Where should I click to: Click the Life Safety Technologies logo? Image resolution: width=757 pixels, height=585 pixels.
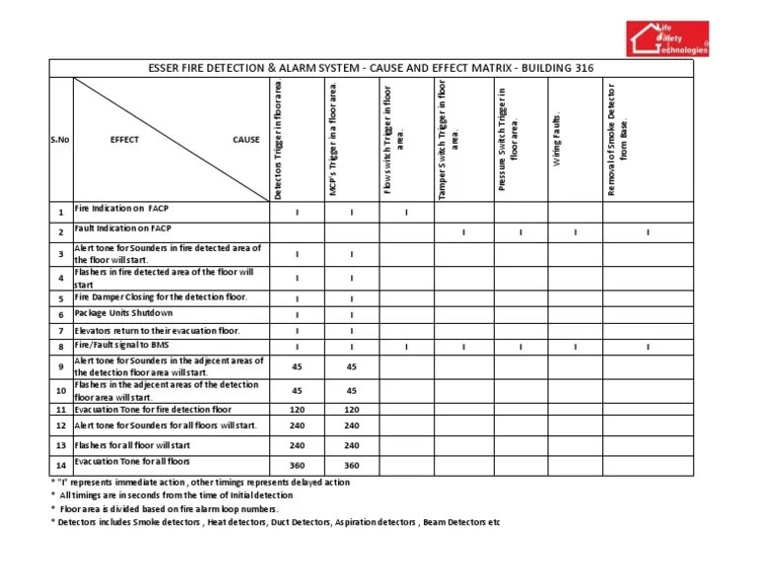point(669,37)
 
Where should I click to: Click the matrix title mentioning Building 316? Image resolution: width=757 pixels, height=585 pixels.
point(371,69)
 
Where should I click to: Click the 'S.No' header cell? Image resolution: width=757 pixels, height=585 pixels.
point(60,140)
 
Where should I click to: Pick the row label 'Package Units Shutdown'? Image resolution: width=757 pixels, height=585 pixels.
point(123,314)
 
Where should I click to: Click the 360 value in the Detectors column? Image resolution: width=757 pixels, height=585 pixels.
point(297,465)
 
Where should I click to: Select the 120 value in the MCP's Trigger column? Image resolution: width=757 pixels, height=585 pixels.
point(352,409)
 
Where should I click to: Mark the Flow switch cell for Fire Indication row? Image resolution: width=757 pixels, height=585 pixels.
point(407,212)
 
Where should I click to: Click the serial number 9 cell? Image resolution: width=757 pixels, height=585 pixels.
point(60,367)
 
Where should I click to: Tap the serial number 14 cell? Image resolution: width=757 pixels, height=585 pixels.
point(60,465)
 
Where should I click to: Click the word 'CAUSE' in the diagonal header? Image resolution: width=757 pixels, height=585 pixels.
point(245,140)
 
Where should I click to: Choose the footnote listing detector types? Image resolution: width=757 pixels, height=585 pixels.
point(276,522)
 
